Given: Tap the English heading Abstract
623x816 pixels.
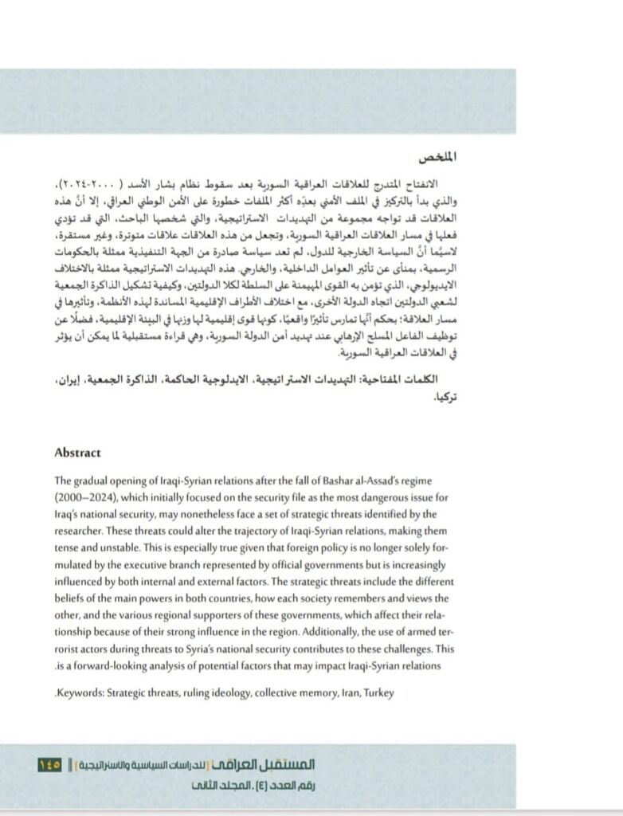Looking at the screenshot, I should coord(78,453).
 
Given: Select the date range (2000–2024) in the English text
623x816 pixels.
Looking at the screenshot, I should coord(83,498).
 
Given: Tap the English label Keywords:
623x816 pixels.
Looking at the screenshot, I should coord(81,693).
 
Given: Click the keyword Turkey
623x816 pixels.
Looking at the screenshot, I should coord(378,693).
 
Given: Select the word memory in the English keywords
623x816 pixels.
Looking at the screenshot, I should coord(314,693).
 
